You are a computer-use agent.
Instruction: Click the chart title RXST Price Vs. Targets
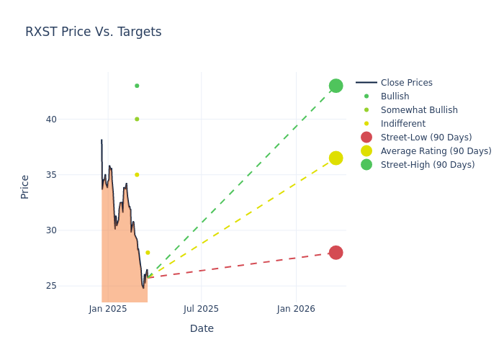pos(94,32)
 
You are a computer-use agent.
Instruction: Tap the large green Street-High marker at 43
pos(336,86)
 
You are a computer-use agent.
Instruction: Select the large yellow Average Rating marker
pos(336,158)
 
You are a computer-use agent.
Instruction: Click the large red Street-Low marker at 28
pos(336,252)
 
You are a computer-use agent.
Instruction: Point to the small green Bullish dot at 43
pos(137,86)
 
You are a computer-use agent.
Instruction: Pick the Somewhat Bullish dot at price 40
pos(137,119)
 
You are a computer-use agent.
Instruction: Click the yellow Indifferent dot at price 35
pos(137,174)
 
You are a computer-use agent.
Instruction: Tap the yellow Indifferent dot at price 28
pos(148,253)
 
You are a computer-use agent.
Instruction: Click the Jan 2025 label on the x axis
pos(108,309)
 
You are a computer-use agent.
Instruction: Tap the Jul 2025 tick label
pos(201,309)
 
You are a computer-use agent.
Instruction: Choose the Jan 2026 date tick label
pos(296,309)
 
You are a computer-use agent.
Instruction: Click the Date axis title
pos(202,328)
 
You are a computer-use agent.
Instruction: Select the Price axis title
pos(25,186)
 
